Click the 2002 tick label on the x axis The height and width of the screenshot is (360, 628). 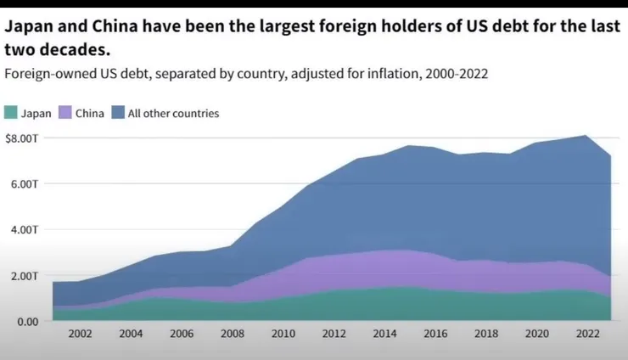[80, 335]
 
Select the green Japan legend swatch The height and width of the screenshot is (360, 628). [11, 113]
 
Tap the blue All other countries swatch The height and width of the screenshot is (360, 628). [119, 113]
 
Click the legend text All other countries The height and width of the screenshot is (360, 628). [173, 113]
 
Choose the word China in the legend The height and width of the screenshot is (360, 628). [90, 113]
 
